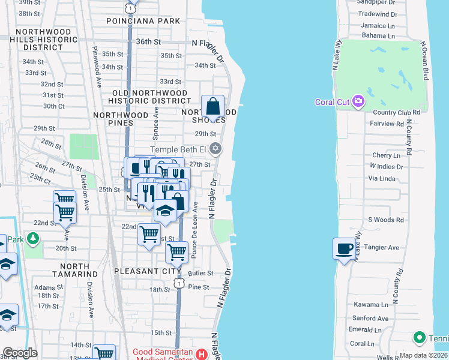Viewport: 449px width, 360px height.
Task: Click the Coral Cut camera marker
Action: click(359, 101)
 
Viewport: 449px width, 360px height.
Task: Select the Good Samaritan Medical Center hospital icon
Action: click(202, 354)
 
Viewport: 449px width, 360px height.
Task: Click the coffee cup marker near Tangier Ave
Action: click(344, 248)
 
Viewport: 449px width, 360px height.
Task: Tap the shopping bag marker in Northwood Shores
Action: click(212, 107)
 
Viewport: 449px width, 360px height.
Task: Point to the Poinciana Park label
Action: click(143, 21)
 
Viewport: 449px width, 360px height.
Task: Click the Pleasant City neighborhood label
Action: click(143, 271)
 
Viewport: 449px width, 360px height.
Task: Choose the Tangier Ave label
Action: click(381, 247)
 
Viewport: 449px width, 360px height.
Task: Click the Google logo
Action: click(20, 353)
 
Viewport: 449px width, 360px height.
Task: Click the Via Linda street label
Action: click(382, 179)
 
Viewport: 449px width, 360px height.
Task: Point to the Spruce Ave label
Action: click(156, 120)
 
